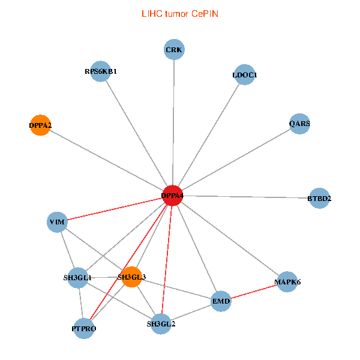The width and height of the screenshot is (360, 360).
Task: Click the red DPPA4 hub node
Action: [x=173, y=196]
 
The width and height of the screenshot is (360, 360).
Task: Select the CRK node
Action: [x=174, y=49]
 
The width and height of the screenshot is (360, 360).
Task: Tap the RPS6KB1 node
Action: [x=101, y=71]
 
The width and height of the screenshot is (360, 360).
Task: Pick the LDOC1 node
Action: [x=244, y=75]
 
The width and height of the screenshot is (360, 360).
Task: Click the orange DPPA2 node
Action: [x=40, y=125]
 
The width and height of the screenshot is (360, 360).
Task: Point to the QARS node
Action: [x=299, y=124]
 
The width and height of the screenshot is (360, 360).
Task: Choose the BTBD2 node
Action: [x=319, y=198]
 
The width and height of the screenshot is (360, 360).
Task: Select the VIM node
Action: [x=57, y=222]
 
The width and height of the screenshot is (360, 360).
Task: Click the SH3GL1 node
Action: [x=78, y=278]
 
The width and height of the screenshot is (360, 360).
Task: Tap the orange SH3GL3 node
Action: [x=131, y=277]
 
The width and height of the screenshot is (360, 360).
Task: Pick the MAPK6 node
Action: [x=287, y=281]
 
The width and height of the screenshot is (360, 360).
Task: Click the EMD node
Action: [x=221, y=301]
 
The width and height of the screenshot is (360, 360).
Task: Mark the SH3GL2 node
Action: [x=161, y=324]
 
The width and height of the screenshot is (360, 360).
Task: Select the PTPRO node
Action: [x=84, y=328]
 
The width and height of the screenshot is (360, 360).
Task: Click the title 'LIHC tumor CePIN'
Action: [x=179, y=13]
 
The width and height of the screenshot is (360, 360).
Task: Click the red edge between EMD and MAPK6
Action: [x=254, y=291]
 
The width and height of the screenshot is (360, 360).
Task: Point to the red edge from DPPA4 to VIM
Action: [x=114, y=209]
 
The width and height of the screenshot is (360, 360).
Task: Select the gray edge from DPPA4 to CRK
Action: [x=173, y=120]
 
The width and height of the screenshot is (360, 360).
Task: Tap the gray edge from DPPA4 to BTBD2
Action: [x=246, y=197]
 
